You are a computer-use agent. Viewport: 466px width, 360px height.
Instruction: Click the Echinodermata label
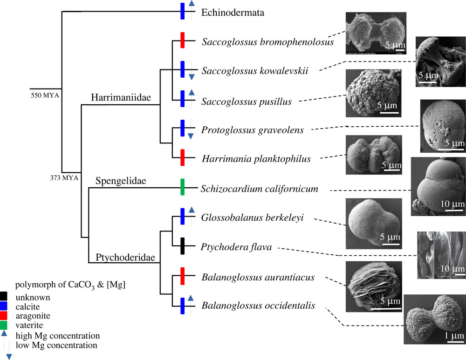click(233, 13)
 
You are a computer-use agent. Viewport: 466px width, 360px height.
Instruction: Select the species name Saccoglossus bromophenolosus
click(268, 42)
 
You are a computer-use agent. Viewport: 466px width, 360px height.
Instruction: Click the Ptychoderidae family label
click(119, 257)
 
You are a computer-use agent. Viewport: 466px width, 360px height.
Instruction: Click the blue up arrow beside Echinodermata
click(191, 5)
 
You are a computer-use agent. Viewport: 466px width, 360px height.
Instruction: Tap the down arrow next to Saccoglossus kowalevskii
click(191, 76)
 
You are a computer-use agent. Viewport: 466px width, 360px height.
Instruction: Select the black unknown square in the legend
click(4, 297)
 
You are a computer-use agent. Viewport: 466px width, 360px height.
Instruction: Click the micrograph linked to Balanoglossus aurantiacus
click(374, 286)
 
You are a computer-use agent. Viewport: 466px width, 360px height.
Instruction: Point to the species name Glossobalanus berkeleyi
click(253, 219)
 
